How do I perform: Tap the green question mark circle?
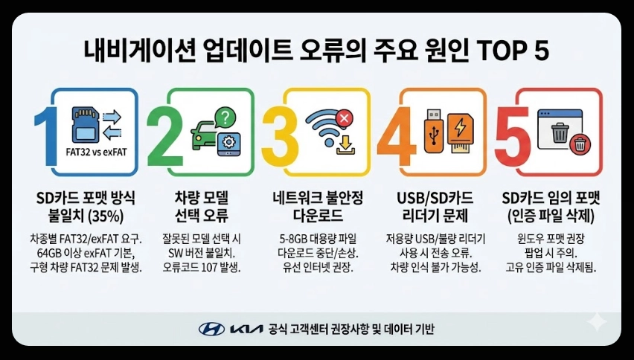(x=223, y=117)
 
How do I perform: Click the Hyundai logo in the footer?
(x=211, y=328)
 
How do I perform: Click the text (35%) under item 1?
(x=106, y=216)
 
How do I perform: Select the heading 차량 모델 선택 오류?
(x=203, y=208)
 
